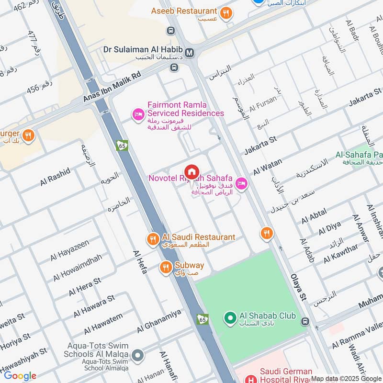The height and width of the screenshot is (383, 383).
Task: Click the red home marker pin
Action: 191,172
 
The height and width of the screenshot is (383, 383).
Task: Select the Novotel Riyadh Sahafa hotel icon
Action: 241,183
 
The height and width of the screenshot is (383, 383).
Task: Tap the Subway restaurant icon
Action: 166,267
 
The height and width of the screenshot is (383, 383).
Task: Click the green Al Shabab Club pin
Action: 230,317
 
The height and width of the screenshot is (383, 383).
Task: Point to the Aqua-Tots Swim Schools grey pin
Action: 138,356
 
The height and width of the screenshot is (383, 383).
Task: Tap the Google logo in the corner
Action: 20,376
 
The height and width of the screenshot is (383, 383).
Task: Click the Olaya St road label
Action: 297,288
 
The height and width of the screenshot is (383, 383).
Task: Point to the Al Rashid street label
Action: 55,176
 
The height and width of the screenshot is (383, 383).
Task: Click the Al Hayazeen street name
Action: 70,251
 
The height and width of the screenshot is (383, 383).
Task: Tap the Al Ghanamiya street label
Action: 159,320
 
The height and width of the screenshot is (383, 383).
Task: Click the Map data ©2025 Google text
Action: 346,378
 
